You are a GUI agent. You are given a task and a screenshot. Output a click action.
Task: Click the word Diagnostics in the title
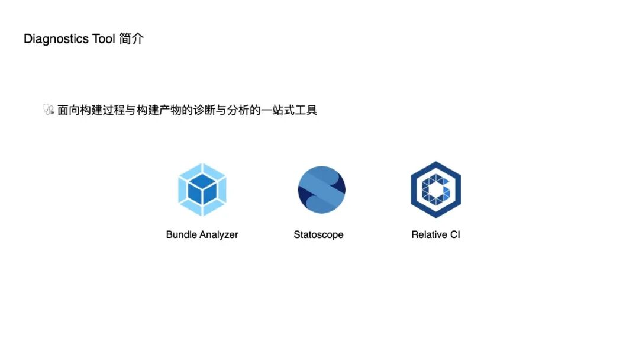pos(57,39)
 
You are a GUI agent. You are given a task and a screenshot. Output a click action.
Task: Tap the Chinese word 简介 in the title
pos(131,39)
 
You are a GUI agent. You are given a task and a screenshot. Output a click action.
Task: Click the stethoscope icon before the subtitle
pos(49,110)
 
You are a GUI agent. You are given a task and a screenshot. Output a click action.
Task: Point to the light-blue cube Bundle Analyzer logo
pos(202,189)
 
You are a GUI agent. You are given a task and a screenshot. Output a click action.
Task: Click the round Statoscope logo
pos(321,189)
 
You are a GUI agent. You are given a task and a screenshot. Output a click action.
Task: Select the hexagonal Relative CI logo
pos(435,189)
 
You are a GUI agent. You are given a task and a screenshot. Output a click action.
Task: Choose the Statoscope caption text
pos(318,234)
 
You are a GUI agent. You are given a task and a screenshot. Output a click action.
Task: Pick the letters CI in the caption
pos(455,234)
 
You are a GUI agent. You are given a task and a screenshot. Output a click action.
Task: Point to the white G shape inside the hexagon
pos(435,189)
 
